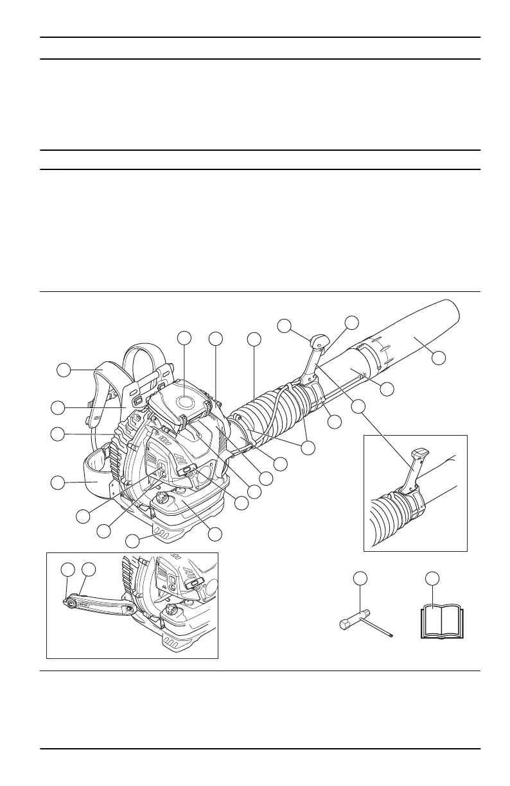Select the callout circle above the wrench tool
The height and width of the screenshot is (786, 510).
361,579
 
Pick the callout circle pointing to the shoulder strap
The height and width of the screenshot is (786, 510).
62,370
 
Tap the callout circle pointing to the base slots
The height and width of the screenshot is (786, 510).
133,541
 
